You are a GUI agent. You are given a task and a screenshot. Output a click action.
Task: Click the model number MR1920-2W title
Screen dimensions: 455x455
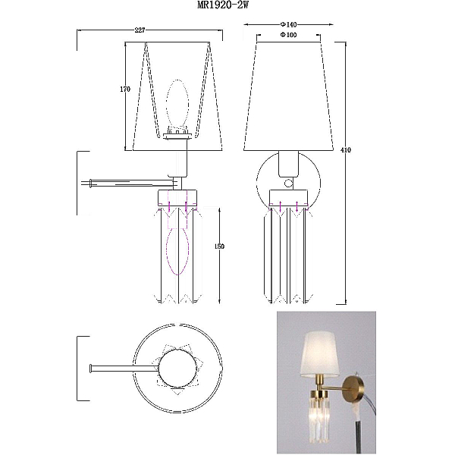(222, 5)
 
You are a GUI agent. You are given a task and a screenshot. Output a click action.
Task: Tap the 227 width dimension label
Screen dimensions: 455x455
(140, 30)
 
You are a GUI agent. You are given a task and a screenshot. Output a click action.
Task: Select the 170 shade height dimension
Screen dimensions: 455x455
(125, 89)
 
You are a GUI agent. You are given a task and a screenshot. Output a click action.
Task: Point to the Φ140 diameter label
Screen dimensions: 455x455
(288, 24)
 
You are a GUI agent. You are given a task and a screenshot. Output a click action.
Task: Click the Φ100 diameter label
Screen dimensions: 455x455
(288, 35)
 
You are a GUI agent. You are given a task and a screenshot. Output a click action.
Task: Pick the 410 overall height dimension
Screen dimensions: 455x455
(346, 149)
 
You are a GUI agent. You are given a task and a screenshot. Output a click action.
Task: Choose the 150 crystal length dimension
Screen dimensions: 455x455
(219, 246)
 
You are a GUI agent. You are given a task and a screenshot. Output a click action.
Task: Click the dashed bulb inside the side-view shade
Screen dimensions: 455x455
(177, 105)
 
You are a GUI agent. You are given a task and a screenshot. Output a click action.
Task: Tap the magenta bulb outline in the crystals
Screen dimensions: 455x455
(177, 251)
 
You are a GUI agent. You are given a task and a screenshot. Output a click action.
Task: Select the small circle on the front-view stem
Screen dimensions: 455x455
(288, 183)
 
